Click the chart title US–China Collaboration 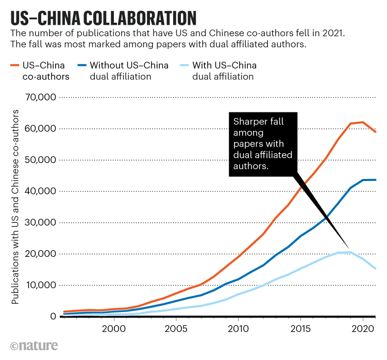click(103, 17)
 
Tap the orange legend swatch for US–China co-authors click(15, 66)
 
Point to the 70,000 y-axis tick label click(39, 97)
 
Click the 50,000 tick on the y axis click(39, 160)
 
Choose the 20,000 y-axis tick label click(39, 254)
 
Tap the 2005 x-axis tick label click(176, 329)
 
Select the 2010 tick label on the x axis click(238, 329)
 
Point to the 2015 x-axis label click(300, 329)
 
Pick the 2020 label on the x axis click(363, 329)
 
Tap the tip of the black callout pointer click(350, 250)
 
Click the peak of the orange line click(363, 122)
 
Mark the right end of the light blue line click(376, 269)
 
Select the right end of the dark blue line click(376, 179)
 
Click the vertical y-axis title click(15, 206)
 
